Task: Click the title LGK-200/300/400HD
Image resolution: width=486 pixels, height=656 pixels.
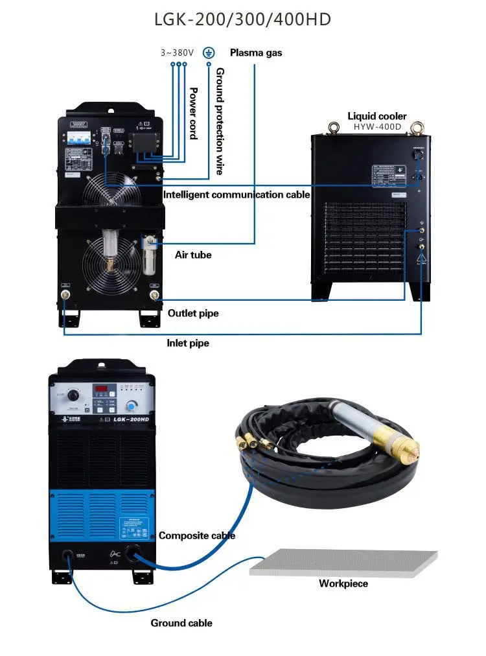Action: point(242,19)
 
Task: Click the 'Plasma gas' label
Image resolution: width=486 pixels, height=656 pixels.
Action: point(256,53)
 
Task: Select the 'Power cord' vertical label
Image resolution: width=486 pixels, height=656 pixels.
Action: point(192,113)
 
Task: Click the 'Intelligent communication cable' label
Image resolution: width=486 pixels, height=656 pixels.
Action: point(237,194)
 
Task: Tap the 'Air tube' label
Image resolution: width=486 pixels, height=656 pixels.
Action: point(193,255)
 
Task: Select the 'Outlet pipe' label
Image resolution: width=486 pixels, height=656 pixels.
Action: point(193,313)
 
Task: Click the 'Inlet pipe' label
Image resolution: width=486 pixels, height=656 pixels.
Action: point(189,343)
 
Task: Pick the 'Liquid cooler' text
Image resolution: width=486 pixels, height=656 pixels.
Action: point(376,116)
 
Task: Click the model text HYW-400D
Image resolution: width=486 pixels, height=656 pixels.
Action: point(376,127)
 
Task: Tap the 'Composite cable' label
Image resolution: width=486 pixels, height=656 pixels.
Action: point(197,535)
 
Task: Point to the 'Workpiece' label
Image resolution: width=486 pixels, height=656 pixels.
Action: point(343,583)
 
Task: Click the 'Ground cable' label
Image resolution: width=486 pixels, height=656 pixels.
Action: point(181,623)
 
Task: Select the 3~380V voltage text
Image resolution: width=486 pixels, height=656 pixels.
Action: point(178,53)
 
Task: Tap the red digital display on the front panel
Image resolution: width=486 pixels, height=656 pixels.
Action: point(102,390)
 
